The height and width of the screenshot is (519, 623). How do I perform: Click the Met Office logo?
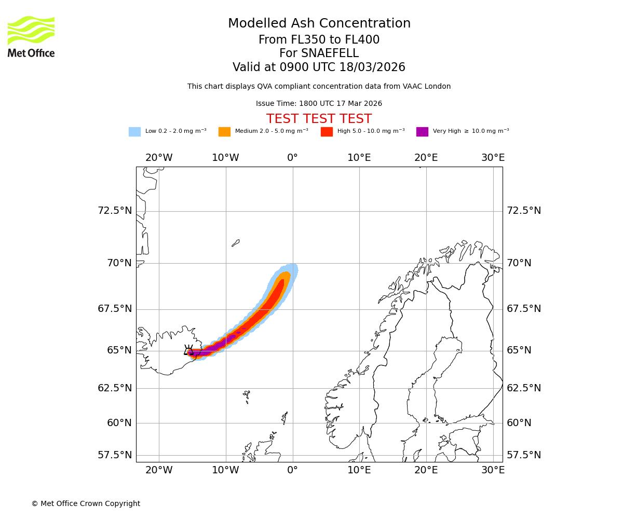pyautogui.click(x=31, y=36)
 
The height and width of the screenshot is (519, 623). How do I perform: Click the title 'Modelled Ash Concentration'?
pyautogui.click(x=319, y=24)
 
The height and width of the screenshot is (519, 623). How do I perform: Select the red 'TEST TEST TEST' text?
pyautogui.click(x=319, y=119)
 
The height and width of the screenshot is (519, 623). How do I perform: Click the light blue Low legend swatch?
pyautogui.click(x=134, y=132)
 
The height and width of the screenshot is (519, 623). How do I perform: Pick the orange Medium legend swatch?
pyautogui.click(x=224, y=132)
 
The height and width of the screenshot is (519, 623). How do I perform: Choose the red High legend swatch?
pyautogui.click(x=327, y=132)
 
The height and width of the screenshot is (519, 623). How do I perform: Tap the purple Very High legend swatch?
pyautogui.click(x=422, y=132)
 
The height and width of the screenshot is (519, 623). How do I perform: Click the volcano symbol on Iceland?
pyautogui.click(x=188, y=350)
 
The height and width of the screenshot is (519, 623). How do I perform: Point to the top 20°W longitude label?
pyautogui.click(x=159, y=158)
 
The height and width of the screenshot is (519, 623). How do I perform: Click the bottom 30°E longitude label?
pyautogui.click(x=493, y=470)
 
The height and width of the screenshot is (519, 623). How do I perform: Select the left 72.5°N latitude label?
pyautogui.click(x=115, y=211)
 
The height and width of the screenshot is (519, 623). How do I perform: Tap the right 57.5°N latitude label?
pyautogui.click(x=524, y=455)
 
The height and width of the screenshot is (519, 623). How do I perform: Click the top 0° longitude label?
pyautogui.click(x=292, y=158)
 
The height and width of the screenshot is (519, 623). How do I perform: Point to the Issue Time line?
pyautogui.click(x=319, y=104)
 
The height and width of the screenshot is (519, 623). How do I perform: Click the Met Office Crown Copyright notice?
pyautogui.click(x=86, y=504)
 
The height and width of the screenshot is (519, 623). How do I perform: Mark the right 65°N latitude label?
pyautogui.click(x=519, y=350)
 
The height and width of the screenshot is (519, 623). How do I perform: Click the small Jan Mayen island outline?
pyautogui.click(x=236, y=243)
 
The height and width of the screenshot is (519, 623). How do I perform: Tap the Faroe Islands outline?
pyautogui.click(x=247, y=396)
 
